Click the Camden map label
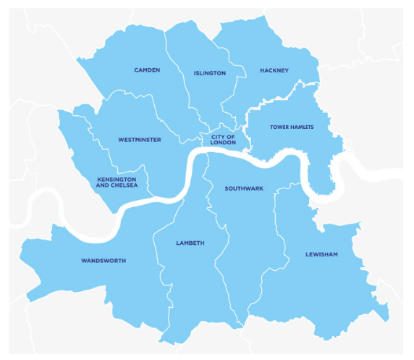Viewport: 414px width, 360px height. (147, 70)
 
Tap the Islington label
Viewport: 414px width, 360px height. (210, 73)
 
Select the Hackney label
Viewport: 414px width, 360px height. (274, 70)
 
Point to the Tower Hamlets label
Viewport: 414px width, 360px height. (292, 127)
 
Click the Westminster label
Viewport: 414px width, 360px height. (140, 139)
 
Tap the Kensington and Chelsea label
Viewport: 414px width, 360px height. (117, 182)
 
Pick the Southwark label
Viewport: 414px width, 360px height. (244, 188)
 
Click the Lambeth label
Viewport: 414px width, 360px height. (190, 243)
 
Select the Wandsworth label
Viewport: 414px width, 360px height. (103, 260)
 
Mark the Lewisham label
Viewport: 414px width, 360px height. (321, 255)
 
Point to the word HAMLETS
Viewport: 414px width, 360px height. (302, 127)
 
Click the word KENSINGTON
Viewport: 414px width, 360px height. (117, 178)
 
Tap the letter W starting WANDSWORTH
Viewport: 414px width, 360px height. (84, 260)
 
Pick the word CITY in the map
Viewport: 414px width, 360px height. (216, 136)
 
